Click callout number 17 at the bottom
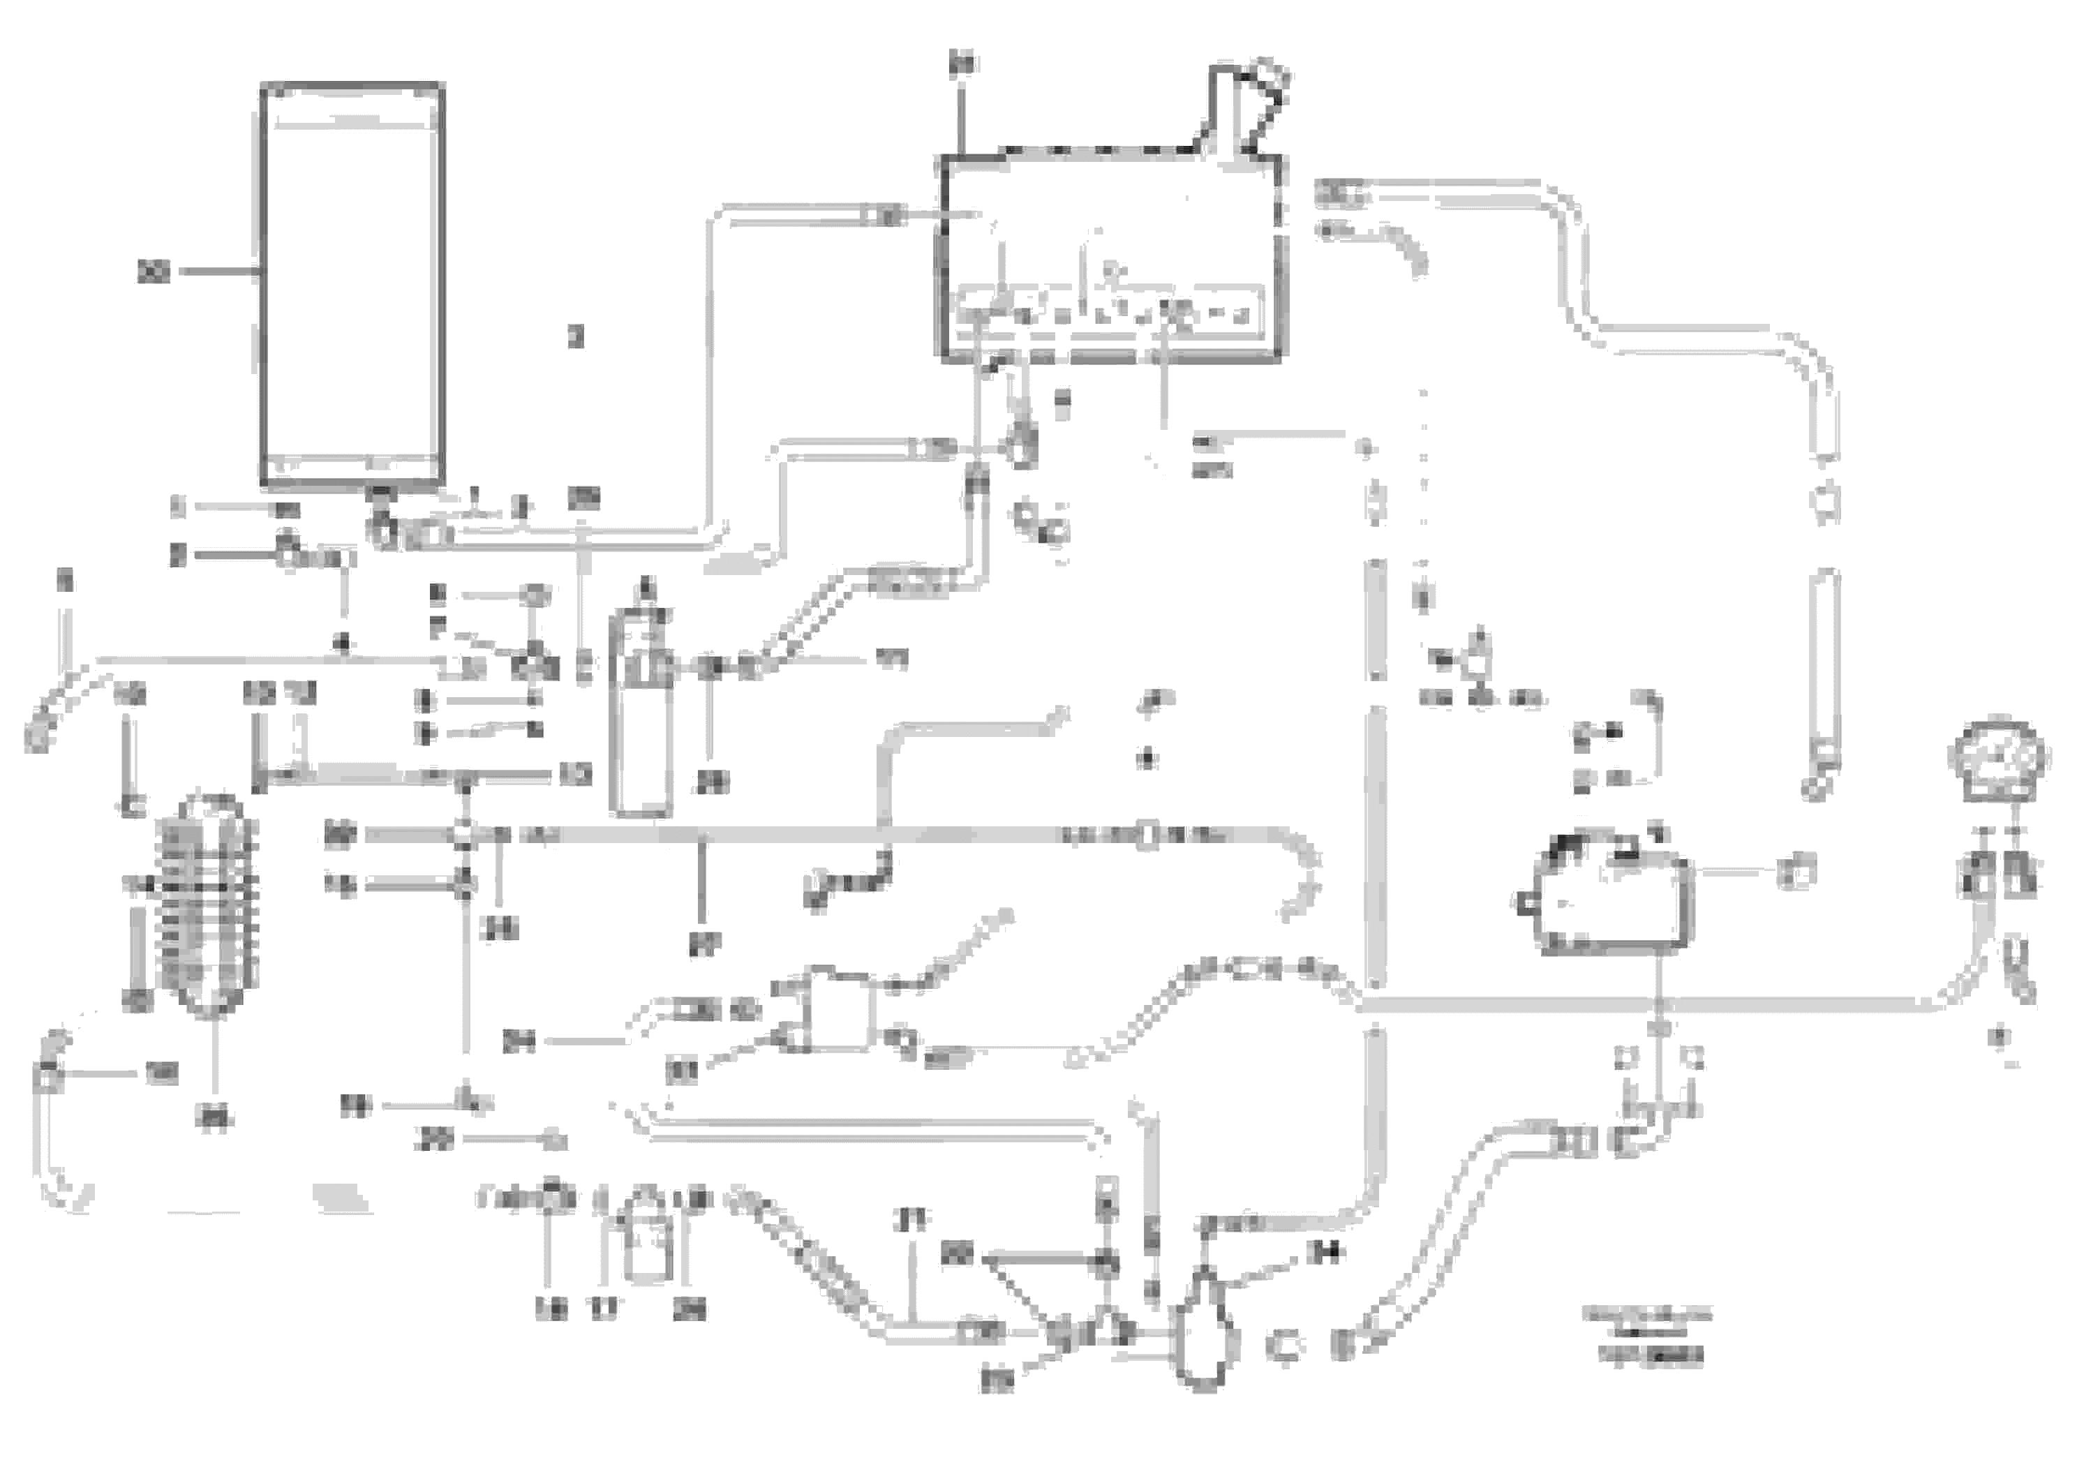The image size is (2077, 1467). point(604,1309)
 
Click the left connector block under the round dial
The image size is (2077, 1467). point(1977,874)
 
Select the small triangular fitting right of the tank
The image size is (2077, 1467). point(1476,665)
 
